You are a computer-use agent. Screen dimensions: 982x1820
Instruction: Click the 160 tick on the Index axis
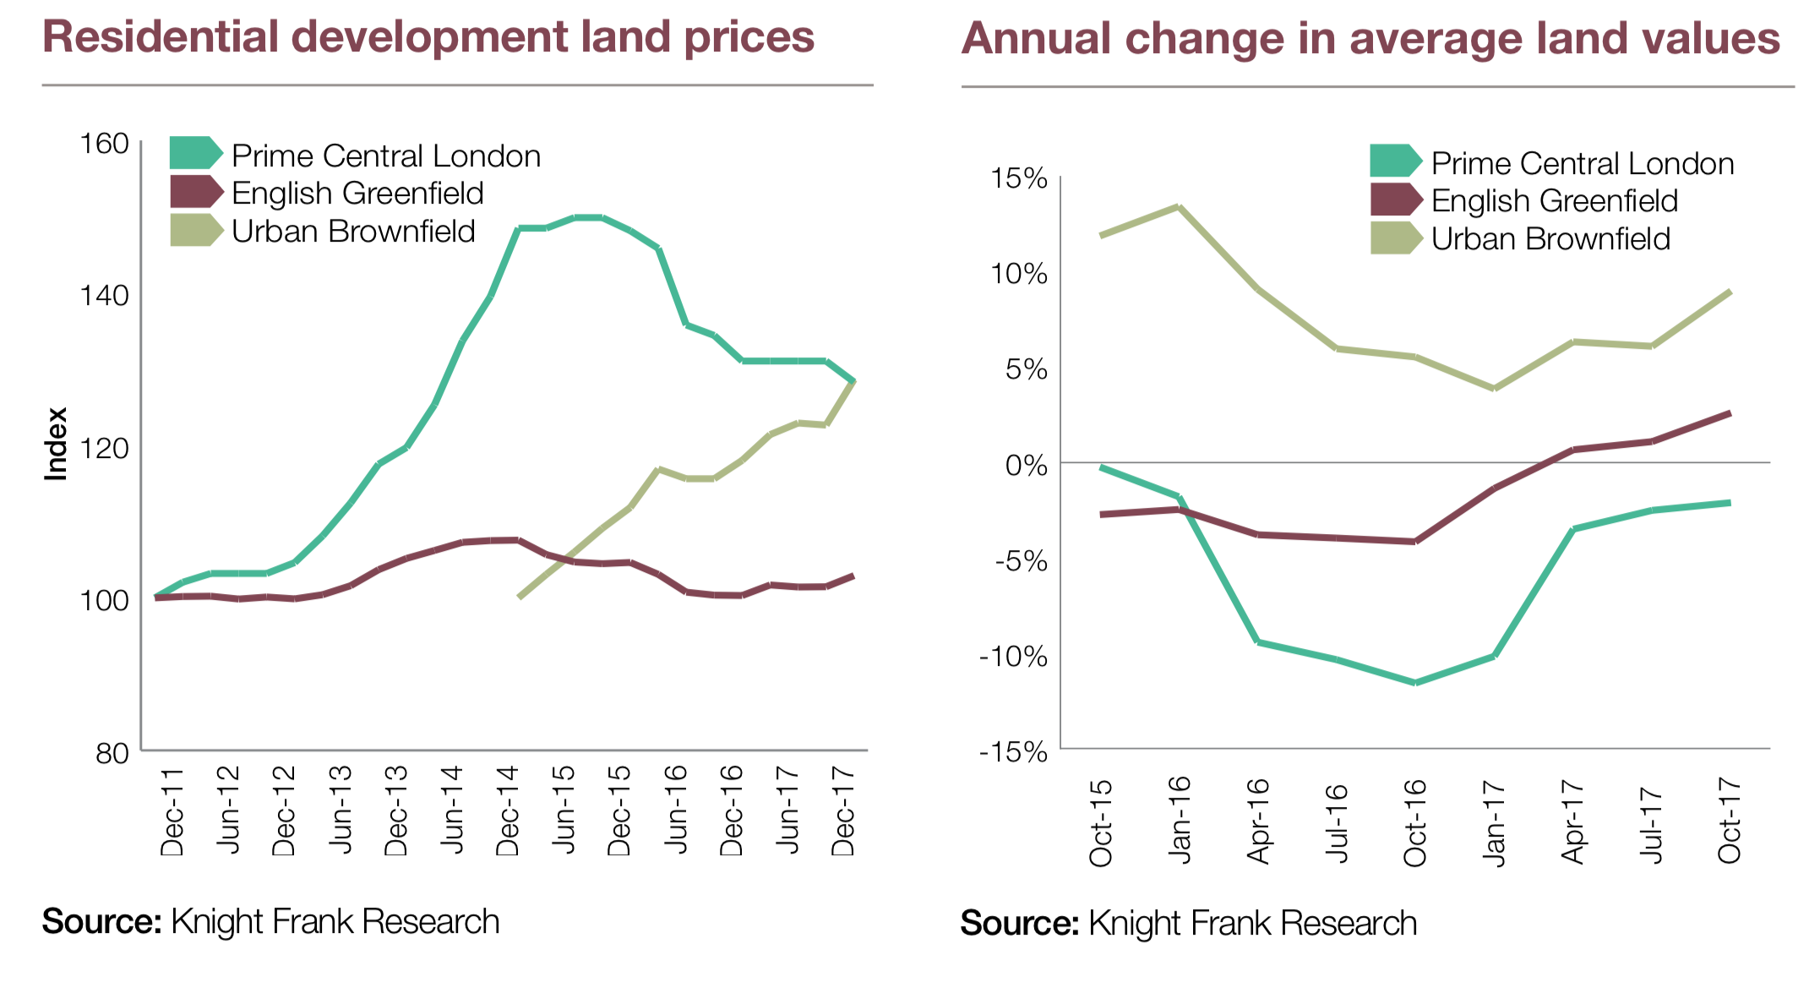104,144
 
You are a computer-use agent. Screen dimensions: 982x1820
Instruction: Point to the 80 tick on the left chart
112,752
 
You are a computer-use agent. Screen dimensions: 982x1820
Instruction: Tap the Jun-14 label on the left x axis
453,810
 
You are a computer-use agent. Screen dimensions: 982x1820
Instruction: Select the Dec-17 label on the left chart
843,810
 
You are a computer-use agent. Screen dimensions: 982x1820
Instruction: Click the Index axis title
56,444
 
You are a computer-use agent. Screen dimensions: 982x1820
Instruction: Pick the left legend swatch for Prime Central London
195,153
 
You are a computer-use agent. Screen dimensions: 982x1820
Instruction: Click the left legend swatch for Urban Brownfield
195,230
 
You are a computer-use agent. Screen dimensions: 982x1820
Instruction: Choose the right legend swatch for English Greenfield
1395,199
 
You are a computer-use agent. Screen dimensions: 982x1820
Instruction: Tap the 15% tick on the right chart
1019,178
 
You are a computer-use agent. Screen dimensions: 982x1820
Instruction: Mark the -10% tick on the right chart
1013,657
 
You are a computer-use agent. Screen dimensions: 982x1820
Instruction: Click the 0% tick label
1026,465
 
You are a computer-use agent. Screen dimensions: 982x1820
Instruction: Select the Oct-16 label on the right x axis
1414,821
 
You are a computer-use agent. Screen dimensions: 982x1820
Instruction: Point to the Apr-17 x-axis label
1572,821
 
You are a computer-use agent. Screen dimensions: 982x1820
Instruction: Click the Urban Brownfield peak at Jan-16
1179,206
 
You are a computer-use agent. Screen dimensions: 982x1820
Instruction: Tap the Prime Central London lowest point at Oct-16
1415,682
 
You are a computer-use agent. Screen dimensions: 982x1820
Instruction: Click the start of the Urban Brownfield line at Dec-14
519,597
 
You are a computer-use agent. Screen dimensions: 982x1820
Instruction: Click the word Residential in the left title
161,37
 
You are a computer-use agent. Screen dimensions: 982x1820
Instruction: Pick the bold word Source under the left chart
101,921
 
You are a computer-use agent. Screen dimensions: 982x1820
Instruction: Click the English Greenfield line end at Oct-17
1730,413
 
